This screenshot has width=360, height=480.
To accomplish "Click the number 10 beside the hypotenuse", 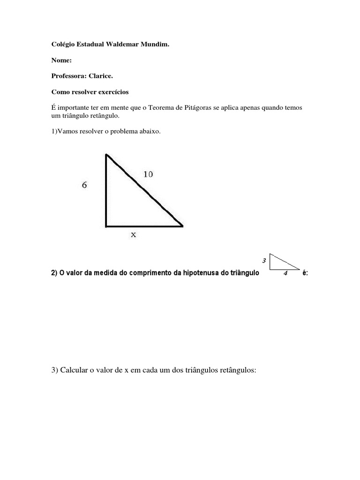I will pyautogui.click(x=148, y=174).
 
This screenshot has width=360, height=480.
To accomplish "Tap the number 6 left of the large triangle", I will pyautogui.click(x=84, y=185).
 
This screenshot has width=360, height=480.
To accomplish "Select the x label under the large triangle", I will pyautogui.click(x=134, y=235).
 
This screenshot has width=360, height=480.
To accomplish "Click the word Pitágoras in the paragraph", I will pyautogui.click(x=195, y=108).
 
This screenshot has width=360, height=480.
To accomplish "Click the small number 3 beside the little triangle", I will pyautogui.click(x=264, y=260).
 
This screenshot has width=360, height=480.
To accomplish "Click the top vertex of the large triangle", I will pyautogui.click(x=107, y=154).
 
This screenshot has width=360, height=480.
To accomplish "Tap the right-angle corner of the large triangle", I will pyautogui.click(x=107, y=226).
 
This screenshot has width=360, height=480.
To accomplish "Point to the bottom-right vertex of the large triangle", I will pyautogui.click(x=182, y=226).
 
